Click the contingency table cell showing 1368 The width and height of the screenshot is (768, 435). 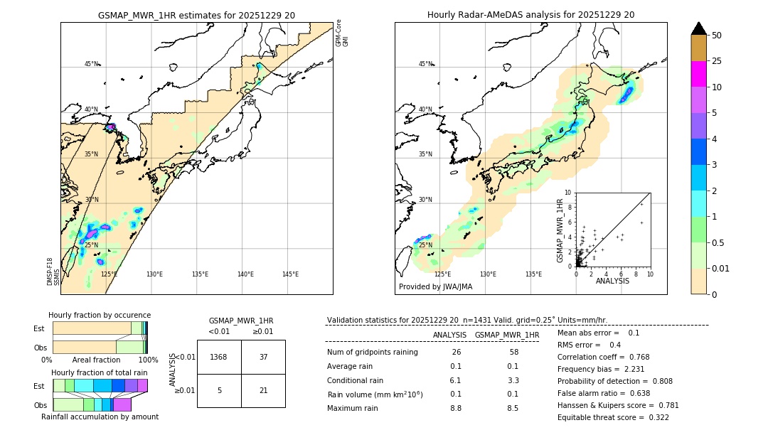219,357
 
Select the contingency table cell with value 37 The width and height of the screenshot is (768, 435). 263,357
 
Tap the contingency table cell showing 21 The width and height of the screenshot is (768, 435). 263,390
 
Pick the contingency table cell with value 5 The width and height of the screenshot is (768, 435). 219,390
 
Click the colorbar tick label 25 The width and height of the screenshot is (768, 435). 718,61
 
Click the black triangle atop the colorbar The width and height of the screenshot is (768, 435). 699,28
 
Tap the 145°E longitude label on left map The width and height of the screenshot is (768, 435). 290,274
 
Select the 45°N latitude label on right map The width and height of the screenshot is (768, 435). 425,64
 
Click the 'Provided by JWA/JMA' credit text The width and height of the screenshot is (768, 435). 435,287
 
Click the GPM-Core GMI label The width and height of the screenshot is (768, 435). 342,33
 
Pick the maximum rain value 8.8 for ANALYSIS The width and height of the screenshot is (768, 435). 456,408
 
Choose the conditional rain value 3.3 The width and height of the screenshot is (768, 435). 513,380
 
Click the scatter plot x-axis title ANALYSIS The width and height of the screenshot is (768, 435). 612,281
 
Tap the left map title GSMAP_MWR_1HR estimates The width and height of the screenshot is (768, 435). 196,15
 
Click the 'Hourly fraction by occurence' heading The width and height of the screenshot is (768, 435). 100,315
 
